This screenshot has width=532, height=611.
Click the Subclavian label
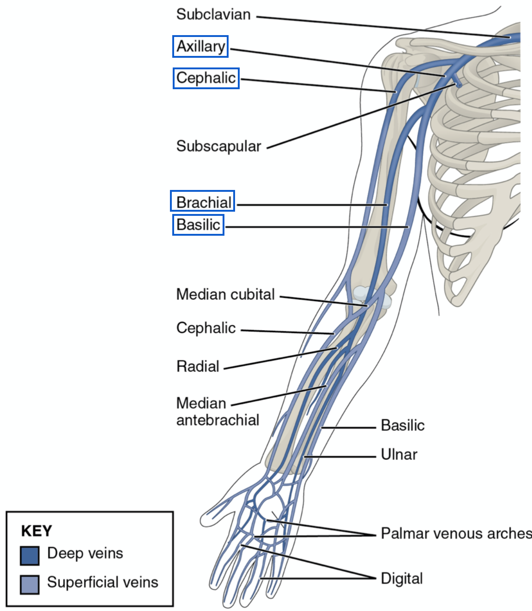213,15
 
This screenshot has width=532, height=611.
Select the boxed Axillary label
200,46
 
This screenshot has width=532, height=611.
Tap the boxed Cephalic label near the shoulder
206,78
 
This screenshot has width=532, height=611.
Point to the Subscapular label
218,146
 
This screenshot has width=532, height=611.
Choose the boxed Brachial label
203,202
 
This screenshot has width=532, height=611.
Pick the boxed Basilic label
198,225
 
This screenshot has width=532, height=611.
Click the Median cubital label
225,294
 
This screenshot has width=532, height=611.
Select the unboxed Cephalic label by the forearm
206,328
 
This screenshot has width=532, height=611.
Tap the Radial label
198,367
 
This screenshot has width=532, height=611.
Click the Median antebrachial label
218,411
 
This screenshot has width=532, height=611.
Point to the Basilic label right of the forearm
403,425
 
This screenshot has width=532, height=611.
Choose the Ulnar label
399,455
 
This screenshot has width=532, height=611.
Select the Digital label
402,579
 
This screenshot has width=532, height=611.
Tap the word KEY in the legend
36,531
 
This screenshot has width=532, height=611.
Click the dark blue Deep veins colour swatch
30,556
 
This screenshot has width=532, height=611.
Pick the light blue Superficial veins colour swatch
30,584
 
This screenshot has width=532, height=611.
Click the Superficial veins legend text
103,582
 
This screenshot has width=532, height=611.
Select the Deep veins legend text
85,553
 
